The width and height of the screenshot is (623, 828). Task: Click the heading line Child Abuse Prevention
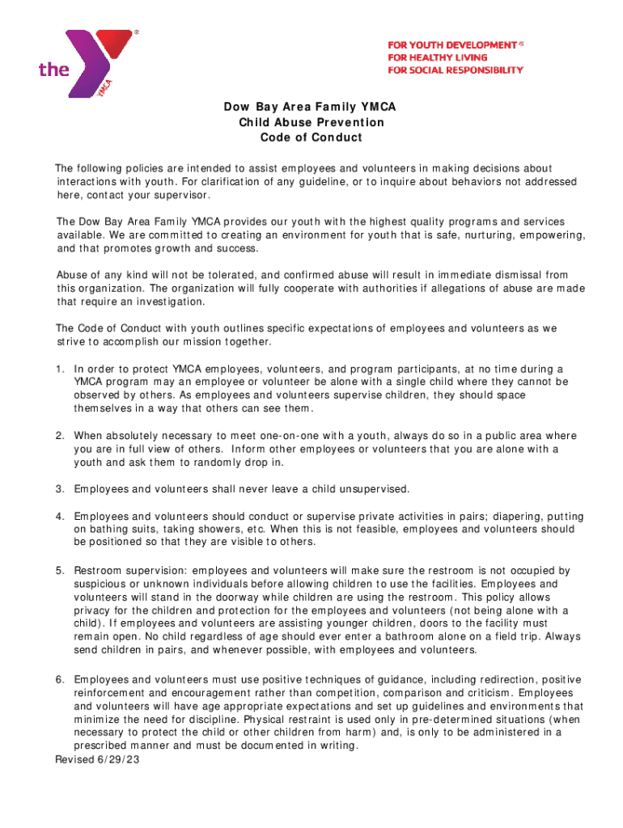point(311,122)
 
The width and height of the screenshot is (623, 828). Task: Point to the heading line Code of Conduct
point(311,137)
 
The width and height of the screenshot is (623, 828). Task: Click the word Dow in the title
point(236,107)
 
